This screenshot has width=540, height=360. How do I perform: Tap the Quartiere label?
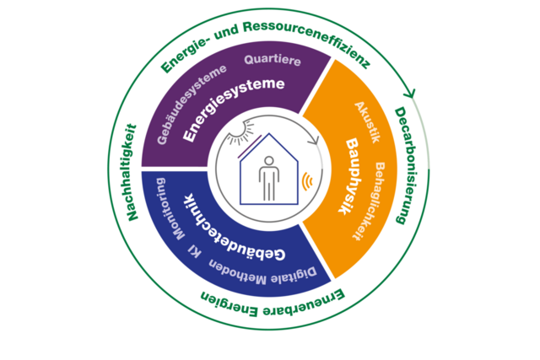[x=273, y=60]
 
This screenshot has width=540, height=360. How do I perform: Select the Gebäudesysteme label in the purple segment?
[x=190, y=103]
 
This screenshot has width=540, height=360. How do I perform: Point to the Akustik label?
[x=367, y=122]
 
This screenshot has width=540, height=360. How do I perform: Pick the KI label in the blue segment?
[x=195, y=252]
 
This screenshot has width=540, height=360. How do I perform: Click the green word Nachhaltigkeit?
[x=132, y=173]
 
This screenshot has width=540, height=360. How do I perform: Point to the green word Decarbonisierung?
[x=407, y=165]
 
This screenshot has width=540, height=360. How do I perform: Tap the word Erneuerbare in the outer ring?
[x=304, y=304]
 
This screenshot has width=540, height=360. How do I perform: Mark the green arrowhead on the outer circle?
[x=409, y=93]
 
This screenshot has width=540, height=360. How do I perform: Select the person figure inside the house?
[x=269, y=178]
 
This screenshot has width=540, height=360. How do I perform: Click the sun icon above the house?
[x=240, y=132]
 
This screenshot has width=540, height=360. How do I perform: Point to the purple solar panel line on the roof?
[x=250, y=146]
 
